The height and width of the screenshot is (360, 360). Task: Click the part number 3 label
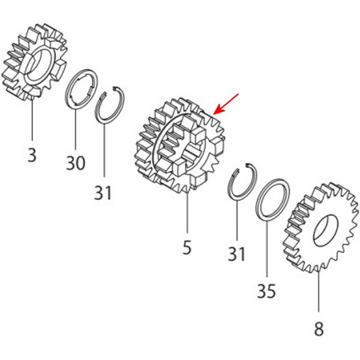pyautogui.click(x=32, y=155)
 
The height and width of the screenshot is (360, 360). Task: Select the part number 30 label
pyautogui.click(x=76, y=163)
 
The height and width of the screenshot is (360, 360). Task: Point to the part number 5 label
pyautogui.click(x=187, y=247)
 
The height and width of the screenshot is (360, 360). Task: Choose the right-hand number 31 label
pyautogui.click(x=236, y=253)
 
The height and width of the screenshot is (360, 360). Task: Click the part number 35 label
pyautogui.click(x=266, y=291)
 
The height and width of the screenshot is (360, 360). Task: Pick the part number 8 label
pyautogui.click(x=319, y=329)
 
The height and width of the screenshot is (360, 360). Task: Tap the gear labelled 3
pyautogui.click(x=34, y=62)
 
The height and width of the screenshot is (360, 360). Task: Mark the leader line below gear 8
pyautogui.click(x=319, y=292)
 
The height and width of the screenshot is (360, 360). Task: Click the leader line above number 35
pyautogui.click(x=267, y=248)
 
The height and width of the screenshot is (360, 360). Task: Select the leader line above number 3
pyautogui.click(x=32, y=119)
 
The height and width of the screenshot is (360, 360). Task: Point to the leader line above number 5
pyautogui.click(x=187, y=212)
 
